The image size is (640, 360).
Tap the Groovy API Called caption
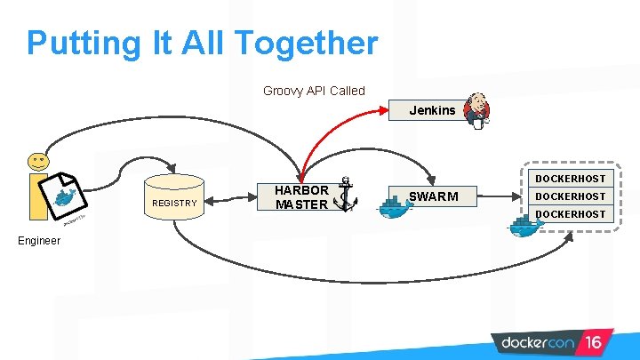(x=314, y=91)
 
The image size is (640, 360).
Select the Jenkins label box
(x=432, y=111)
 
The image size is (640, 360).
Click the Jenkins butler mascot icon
(x=481, y=109)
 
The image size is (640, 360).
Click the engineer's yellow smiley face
(x=38, y=161)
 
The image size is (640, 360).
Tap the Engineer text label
(x=38, y=241)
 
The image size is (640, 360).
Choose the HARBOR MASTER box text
(x=302, y=197)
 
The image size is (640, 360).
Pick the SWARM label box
(x=433, y=196)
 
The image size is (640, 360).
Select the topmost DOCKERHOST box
(x=570, y=179)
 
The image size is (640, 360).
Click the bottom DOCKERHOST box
(x=570, y=214)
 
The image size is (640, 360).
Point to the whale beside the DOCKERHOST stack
(x=524, y=226)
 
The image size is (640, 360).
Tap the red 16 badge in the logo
(x=594, y=341)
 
